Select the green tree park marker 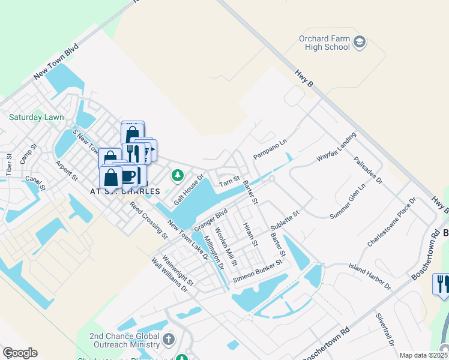tap(177, 175)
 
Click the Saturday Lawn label tap(36, 118)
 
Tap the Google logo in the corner tap(20, 353)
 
